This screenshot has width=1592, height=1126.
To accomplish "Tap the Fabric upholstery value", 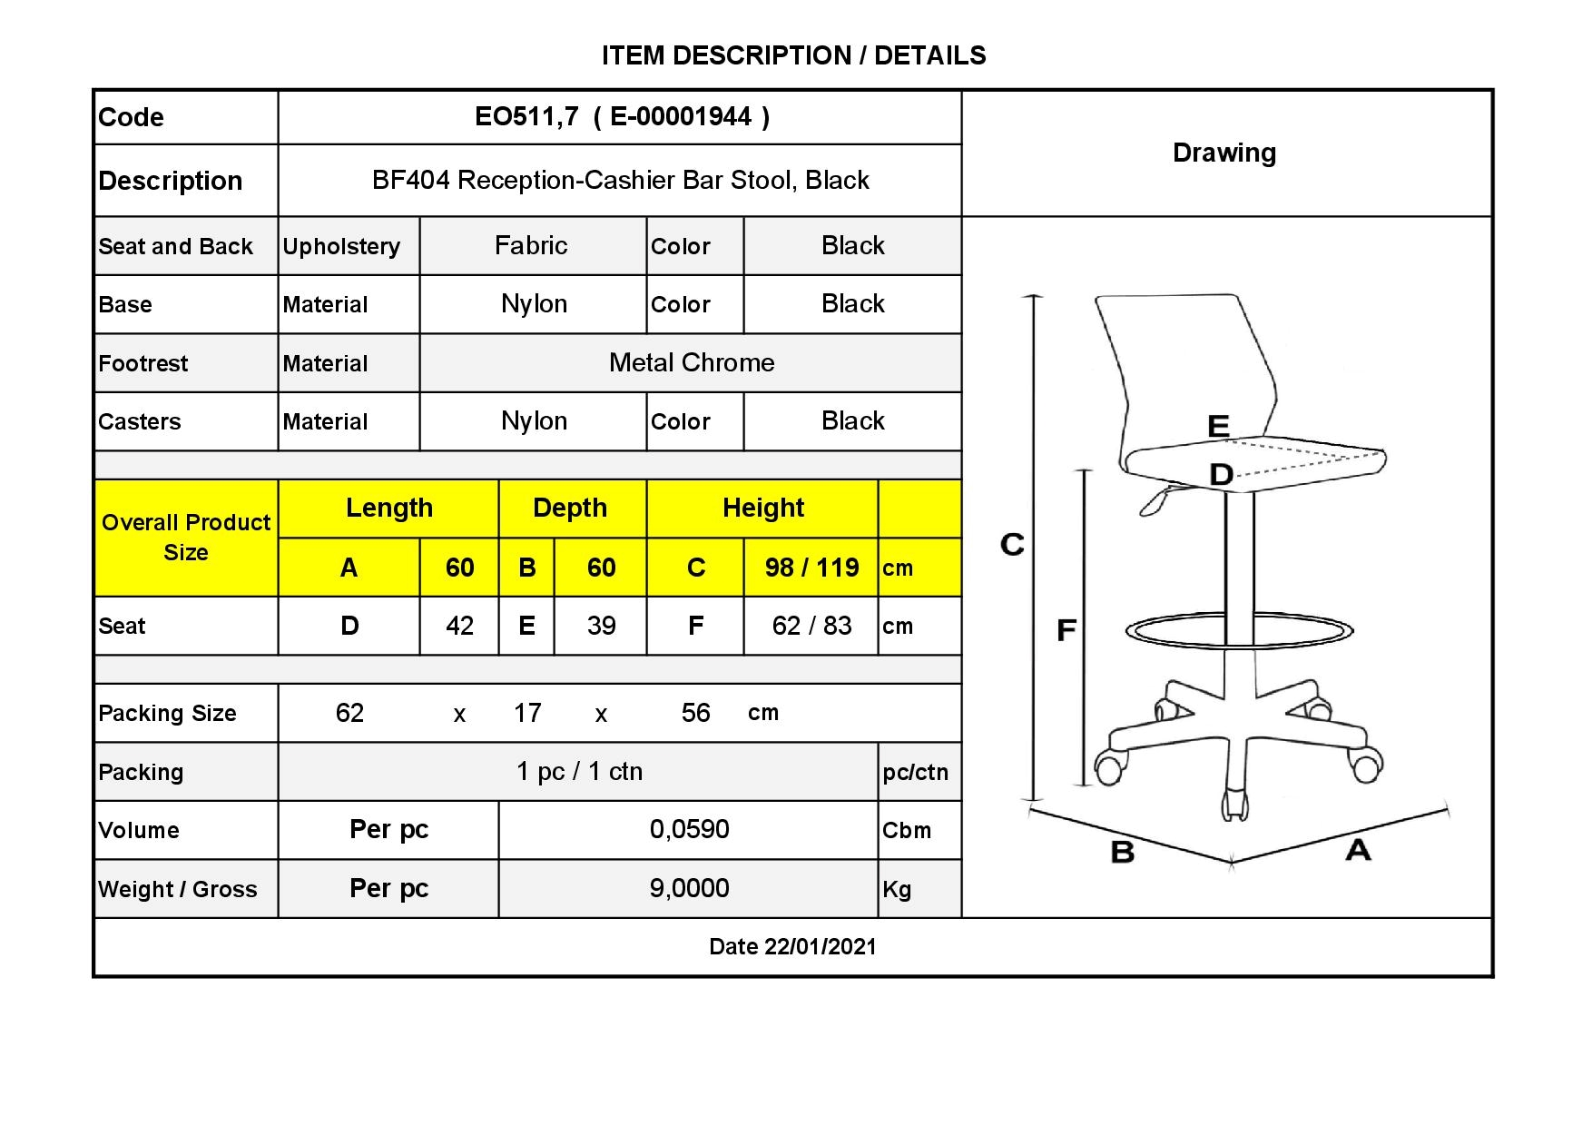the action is click(531, 245).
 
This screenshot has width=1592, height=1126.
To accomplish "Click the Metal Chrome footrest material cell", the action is click(692, 362).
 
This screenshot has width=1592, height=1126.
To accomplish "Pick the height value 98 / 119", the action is click(811, 568).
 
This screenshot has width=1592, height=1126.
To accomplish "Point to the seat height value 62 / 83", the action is click(811, 626).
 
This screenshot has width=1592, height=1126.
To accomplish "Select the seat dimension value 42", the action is click(459, 626).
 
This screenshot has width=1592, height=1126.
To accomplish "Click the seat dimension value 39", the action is click(601, 626).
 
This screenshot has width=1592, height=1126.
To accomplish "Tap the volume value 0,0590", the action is click(689, 829).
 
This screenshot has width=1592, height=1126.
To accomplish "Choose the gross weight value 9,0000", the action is click(689, 888).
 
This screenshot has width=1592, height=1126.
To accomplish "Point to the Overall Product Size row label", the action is click(186, 538).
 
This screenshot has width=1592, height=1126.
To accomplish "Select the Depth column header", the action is click(570, 508).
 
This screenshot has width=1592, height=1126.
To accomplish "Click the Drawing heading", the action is click(1224, 153).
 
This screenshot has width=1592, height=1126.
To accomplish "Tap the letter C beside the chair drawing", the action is click(1012, 544).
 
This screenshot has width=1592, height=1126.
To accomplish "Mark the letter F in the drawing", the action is click(1066, 629).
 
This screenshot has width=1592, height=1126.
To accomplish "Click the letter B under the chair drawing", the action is click(1123, 852).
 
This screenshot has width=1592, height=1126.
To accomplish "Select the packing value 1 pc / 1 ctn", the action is click(579, 771).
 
